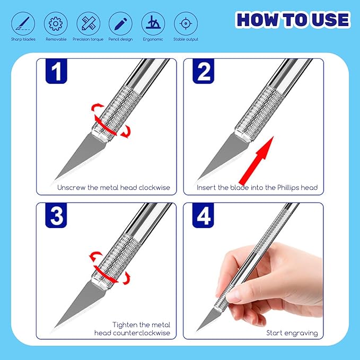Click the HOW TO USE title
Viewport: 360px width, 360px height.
coord(293,20)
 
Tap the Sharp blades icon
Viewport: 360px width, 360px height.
coord(22,23)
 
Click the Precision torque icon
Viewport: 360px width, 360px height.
coord(88,23)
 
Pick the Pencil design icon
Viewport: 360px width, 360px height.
coord(120,23)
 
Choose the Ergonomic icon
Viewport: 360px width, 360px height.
coord(153,23)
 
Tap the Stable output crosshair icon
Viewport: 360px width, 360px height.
coord(186,23)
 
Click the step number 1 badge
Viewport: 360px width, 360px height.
coord(56,72)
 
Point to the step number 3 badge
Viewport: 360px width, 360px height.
coord(56,216)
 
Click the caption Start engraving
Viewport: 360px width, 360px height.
coord(292,333)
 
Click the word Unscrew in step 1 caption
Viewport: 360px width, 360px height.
coord(71,188)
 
